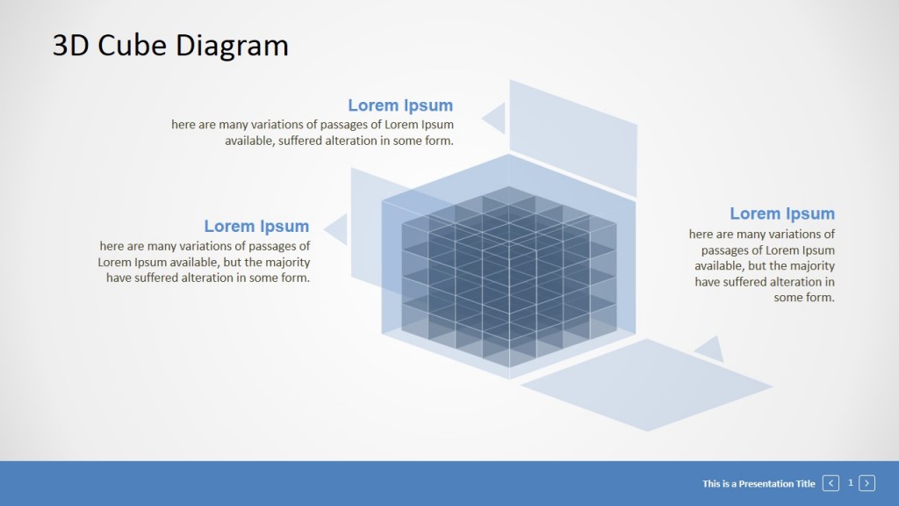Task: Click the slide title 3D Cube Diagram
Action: [x=170, y=45]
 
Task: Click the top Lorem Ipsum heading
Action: [x=400, y=105]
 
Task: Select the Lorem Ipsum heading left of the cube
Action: [x=256, y=227]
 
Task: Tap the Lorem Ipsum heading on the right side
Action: [x=782, y=213]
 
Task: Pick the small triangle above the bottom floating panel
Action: [x=710, y=350]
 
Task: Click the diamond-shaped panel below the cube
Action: [x=646, y=384]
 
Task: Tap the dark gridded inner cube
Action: [x=509, y=277]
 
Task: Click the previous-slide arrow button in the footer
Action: [x=831, y=483]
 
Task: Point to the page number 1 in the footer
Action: [x=850, y=483]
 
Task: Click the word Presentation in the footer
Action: [x=766, y=484]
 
